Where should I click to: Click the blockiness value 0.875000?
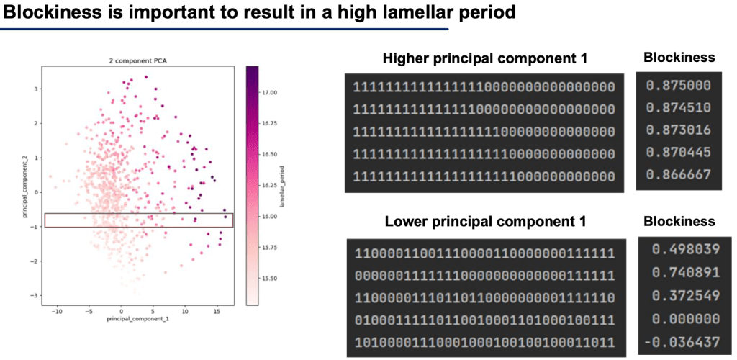coord(678,86)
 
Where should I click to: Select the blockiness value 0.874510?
coord(678,108)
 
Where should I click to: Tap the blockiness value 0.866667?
coord(678,174)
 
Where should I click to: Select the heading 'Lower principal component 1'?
coord(485,222)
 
